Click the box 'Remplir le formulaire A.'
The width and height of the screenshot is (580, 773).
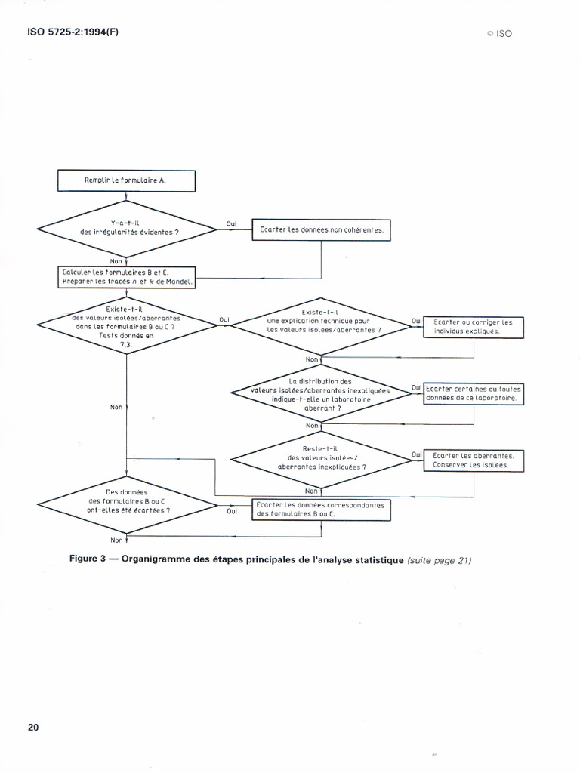pos(126,181)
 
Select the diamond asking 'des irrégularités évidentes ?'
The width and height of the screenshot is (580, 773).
pos(126,228)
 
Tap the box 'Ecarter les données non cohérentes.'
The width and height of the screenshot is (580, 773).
pos(321,229)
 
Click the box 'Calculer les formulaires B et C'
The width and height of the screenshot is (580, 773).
pos(126,277)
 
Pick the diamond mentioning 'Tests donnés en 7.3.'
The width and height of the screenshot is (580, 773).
pos(126,325)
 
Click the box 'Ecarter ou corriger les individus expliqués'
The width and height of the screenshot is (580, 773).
pos(473,327)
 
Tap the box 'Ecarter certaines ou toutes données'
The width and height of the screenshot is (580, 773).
pos(473,393)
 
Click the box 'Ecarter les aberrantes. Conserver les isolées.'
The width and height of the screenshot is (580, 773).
pos(473,460)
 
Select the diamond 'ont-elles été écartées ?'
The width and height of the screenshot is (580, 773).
pos(126,505)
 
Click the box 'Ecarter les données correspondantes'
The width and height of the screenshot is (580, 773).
pos(321,510)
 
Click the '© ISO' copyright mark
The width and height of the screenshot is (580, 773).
pos(499,34)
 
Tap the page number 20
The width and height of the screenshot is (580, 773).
pos(33,728)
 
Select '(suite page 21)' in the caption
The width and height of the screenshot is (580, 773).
pos(439,560)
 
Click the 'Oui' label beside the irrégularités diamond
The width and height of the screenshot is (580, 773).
pos(231,223)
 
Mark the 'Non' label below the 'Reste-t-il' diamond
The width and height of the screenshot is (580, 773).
pos(312,490)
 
